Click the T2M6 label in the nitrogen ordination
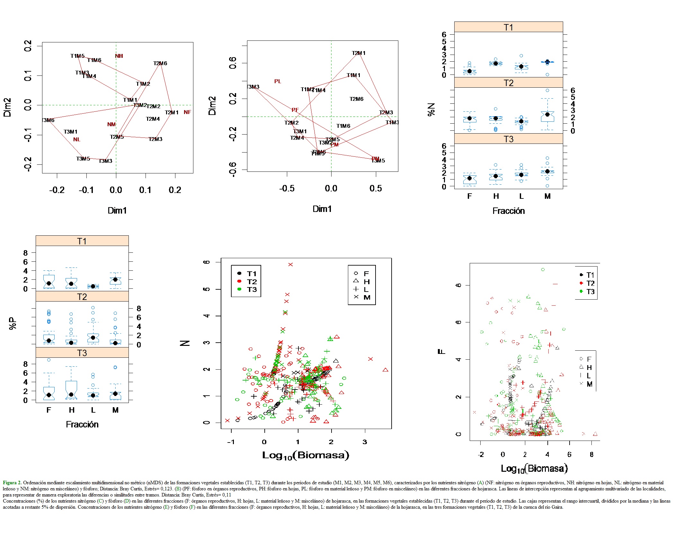pyautogui.click(x=160, y=63)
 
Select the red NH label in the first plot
pyautogui.click(x=119, y=56)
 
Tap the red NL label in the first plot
pyautogui.click(x=76, y=139)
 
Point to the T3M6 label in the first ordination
pyautogui.click(x=48, y=120)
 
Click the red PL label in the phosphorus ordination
pyautogui.click(x=278, y=81)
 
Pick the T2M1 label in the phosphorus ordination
pyautogui.click(x=359, y=53)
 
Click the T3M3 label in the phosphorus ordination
pyautogui.click(x=253, y=87)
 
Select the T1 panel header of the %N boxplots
pyautogui.click(x=508, y=27)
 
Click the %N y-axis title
pyautogui.click(x=431, y=110)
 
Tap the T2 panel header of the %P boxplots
pyautogui.click(x=82, y=297)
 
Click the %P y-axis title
pyautogui.click(x=13, y=323)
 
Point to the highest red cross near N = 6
pyautogui.click(x=290, y=265)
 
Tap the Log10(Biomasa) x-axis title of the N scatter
pyautogui.click(x=305, y=455)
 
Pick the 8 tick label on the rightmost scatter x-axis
pyautogui.click(x=591, y=454)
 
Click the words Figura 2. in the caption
pyautogui.click(x=12, y=483)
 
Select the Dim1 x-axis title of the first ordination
pyautogui.click(x=117, y=210)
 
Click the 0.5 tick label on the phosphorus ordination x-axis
pyautogui.click(x=376, y=189)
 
